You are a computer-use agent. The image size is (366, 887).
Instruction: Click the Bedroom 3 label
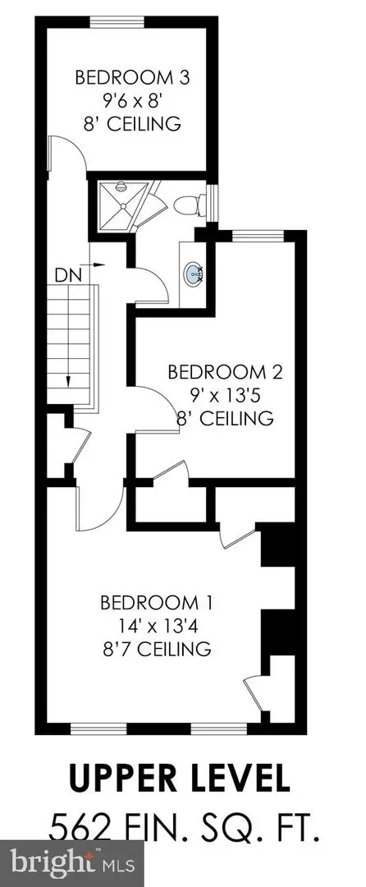click(x=132, y=77)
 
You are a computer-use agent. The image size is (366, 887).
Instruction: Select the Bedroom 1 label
click(x=157, y=603)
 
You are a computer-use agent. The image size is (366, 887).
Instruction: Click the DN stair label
click(x=68, y=276)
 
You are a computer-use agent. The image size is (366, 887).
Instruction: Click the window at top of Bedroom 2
click(x=258, y=236)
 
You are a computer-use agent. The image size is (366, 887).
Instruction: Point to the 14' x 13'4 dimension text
click(x=156, y=626)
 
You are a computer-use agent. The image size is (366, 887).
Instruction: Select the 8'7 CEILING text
click(x=157, y=648)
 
